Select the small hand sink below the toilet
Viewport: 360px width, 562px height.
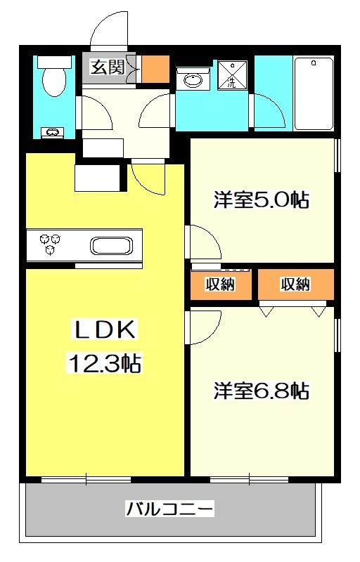pos(52,131)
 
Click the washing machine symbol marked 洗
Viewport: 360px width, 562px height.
pos(231,77)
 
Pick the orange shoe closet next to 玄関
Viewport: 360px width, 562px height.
pos(155,67)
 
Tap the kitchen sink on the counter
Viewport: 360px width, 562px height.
pos(110,247)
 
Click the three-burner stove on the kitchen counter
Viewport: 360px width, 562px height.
pos(51,244)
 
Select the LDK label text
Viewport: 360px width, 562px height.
pos(105,331)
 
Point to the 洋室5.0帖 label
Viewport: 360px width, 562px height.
pos(261,200)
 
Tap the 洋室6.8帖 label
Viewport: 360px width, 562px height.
pos(261,390)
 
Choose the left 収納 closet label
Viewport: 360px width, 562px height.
pos(219,285)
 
